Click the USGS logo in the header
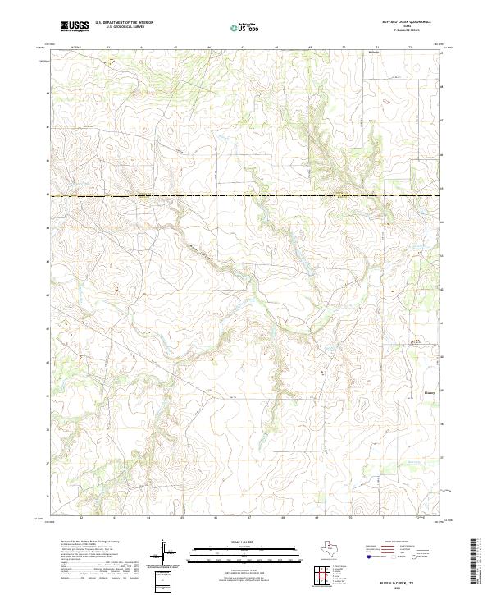(75, 26)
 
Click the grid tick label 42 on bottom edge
(82, 518)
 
